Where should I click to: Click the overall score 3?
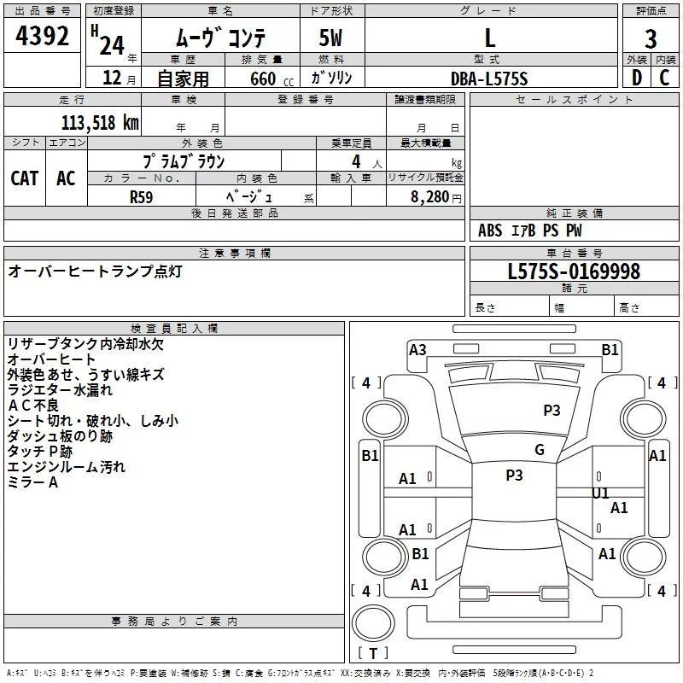(x=651, y=38)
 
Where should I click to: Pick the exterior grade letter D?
(x=636, y=78)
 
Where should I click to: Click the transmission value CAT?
(x=24, y=178)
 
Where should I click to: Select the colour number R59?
(x=141, y=196)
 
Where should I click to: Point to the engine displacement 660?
(x=263, y=79)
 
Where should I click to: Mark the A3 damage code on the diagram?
(x=417, y=349)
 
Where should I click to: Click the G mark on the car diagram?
(x=539, y=450)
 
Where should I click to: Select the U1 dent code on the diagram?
(x=601, y=493)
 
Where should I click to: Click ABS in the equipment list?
(x=490, y=231)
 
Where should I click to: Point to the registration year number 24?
(x=112, y=44)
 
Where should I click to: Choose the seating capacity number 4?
(x=354, y=161)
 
